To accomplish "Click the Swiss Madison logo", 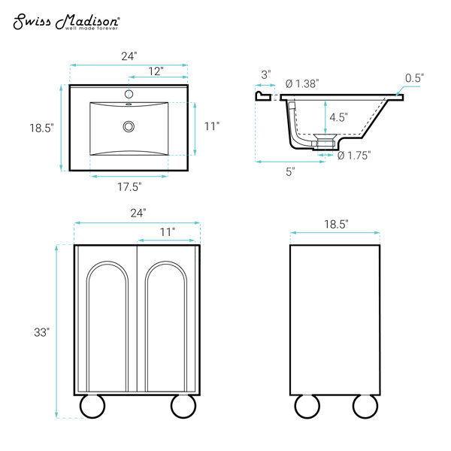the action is click(67, 22).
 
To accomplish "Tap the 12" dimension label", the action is click(156, 71).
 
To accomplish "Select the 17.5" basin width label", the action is click(129, 187).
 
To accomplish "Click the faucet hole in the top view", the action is click(129, 94).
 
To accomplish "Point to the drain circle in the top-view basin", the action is click(129, 126).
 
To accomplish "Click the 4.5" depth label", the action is click(338, 117).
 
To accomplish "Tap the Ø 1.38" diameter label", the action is click(302, 83).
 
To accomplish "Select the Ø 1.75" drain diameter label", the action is click(354, 156).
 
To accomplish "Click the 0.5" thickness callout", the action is click(414, 78).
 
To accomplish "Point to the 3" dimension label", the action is click(266, 74).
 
